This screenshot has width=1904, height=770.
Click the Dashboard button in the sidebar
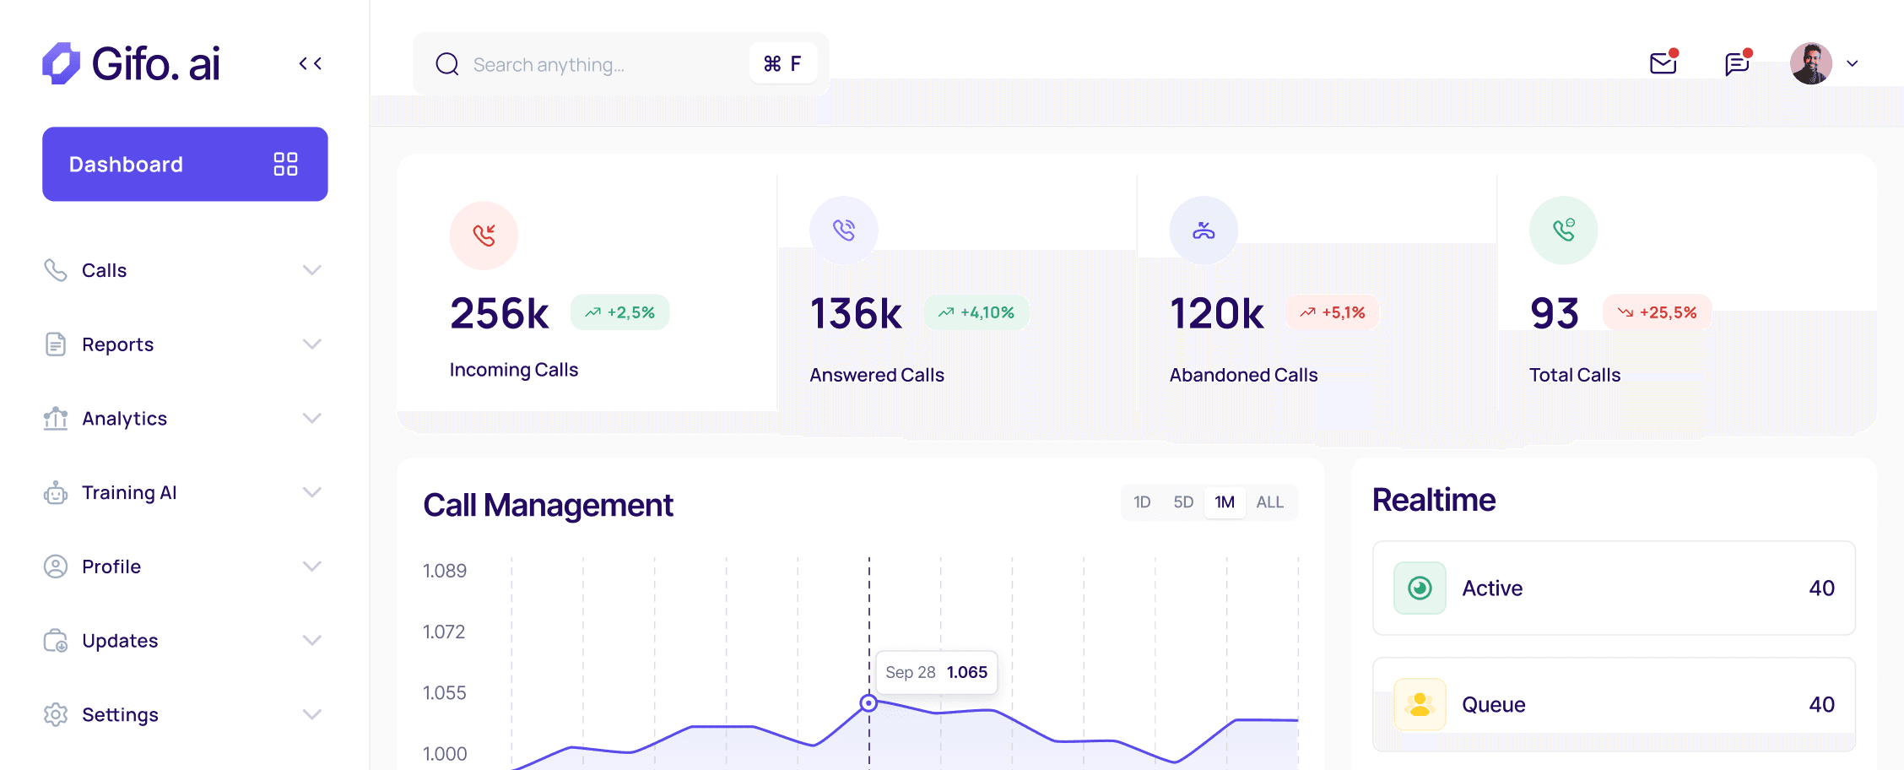[185, 164]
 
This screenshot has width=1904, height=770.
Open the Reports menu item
[117, 344]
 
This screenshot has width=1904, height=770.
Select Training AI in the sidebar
[129, 492]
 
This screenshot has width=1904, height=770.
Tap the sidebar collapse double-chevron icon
[311, 63]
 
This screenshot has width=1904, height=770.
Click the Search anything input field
[591, 64]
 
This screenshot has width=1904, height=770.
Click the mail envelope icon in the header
[1663, 63]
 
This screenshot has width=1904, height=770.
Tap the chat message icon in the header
[1737, 63]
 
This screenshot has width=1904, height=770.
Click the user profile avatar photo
[1810, 63]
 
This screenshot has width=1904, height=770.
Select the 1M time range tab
[1225, 502]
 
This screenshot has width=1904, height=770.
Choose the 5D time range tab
[1183, 502]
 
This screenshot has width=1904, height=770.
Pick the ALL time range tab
[1269, 502]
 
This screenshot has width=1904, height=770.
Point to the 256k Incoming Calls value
[500, 313]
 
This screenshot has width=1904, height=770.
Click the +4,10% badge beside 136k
[976, 312]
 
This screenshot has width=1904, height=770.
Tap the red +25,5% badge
[1657, 312]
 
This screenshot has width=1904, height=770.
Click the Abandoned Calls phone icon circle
[1204, 230]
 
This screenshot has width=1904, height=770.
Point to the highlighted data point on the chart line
[868, 702]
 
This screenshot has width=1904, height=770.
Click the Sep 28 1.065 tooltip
[936, 672]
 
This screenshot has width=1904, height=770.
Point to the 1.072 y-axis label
[444, 632]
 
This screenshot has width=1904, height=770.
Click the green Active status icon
[1420, 588]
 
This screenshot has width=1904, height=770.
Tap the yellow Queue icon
[1420, 704]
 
